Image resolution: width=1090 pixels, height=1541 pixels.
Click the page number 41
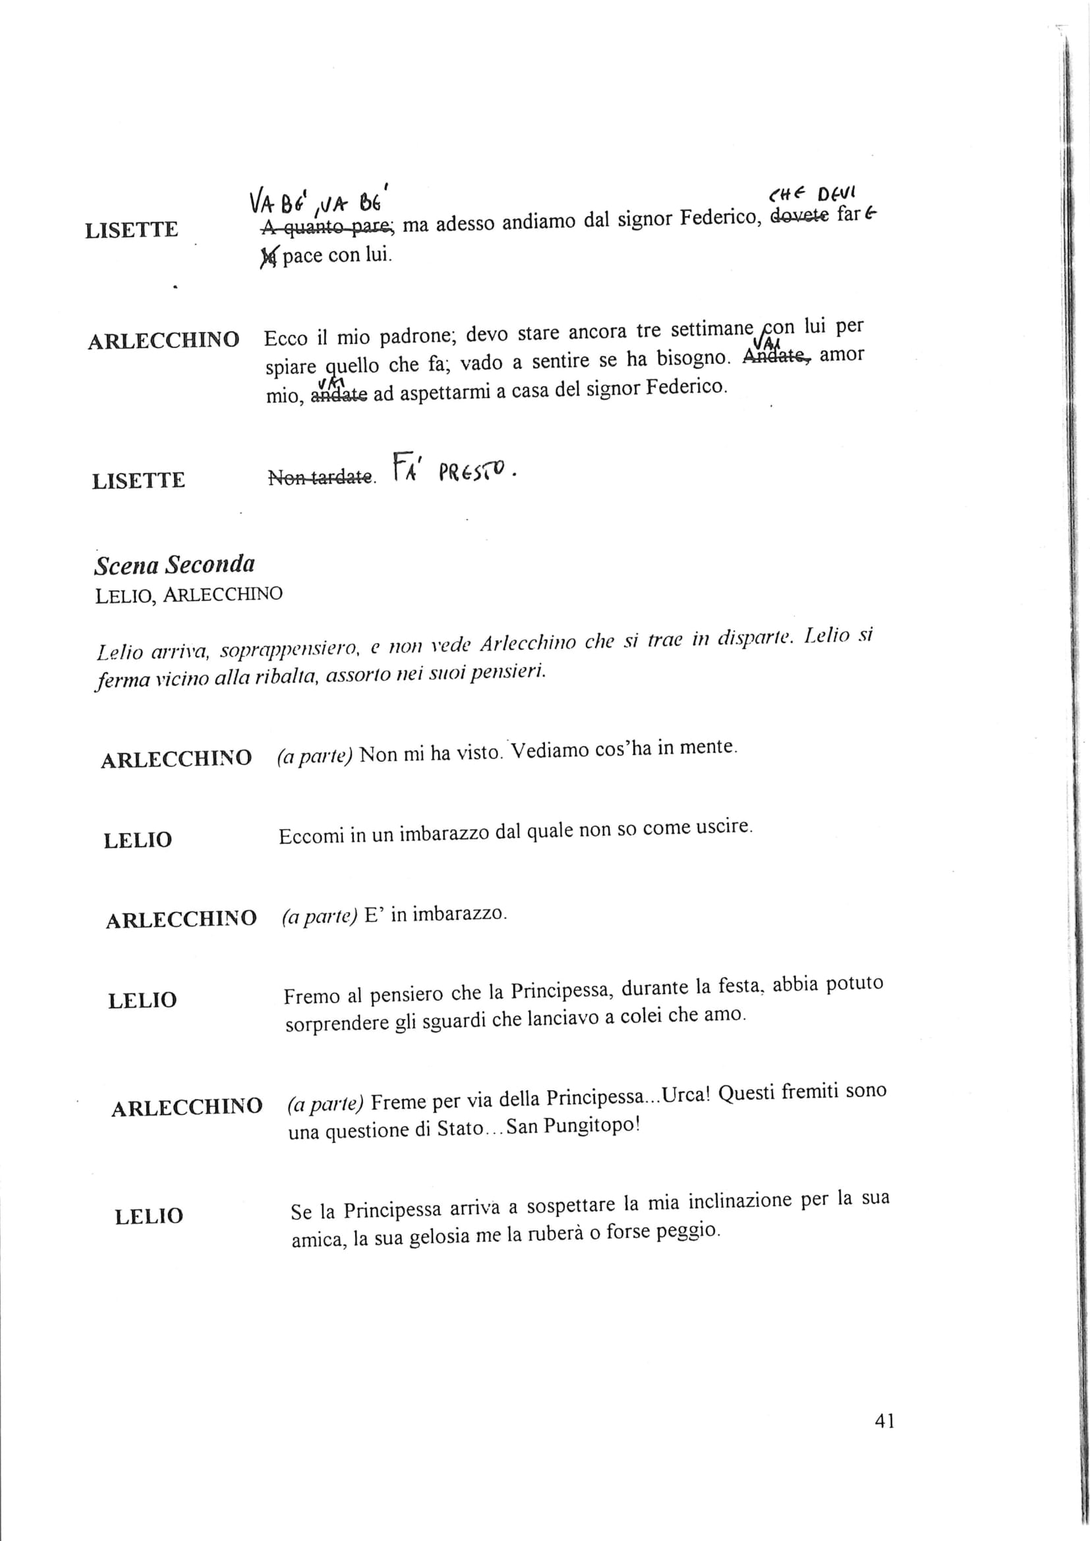pos(884,1420)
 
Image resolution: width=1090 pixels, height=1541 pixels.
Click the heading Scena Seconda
pos(175,565)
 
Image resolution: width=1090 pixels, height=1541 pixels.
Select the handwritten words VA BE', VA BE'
pos(320,200)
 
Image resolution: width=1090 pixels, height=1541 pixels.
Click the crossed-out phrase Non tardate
pos(320,477)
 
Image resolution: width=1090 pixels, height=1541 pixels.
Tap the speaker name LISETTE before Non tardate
pos(138,481)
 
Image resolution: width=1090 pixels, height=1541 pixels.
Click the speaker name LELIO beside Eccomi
pos(138,840)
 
